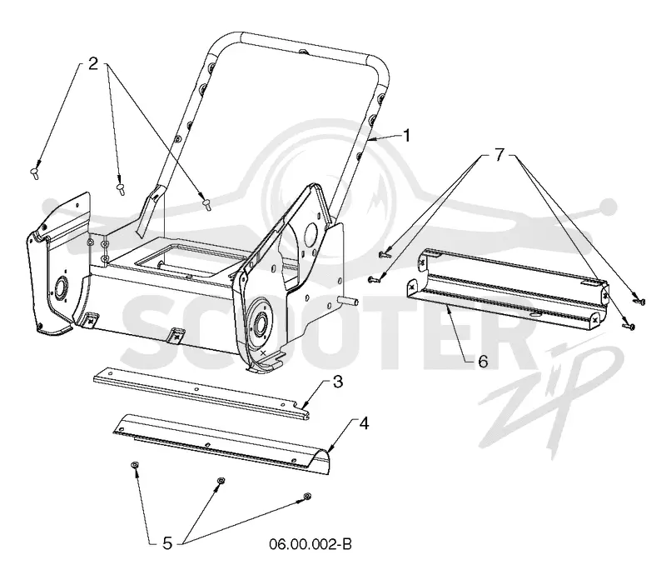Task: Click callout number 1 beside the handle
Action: coord(406,136)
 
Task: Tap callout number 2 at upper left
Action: coord(93,63)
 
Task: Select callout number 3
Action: coord(338,382)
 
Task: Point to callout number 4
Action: coord(364,423)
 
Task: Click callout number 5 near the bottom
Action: coord(167,543)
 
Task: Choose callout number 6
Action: coord(483,362)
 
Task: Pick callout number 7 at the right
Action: coord(499,154)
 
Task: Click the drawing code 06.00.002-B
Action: coord(310,544)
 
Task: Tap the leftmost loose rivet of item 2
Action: coord(34,173)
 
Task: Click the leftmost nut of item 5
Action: coord(134,466)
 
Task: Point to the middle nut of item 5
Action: coord(221,481)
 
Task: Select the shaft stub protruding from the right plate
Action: coord(348,302)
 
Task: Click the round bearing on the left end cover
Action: coord(57,285)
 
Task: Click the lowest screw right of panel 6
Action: coord(629,326)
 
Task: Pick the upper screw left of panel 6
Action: coord(384,254)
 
